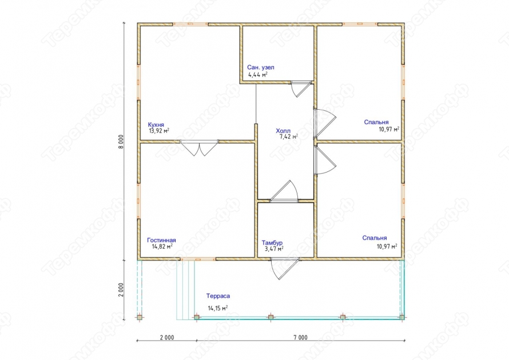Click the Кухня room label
(x=156, y=125)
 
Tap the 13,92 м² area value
(x=159, y=131)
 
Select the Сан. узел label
(x=261, y=67)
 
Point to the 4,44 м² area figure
(x=258, y=75)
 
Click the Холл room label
(x=283, y=131)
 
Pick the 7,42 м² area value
(x=289, y=137)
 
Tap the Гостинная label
(x=161, y=241)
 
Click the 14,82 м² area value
(x=162, y=246)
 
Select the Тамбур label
(x=272, y=243)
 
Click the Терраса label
(x=218, y=296)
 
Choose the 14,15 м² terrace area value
(x=217, y=308)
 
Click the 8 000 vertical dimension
(x=121, y=141)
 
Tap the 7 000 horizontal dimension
(x=301, y=338)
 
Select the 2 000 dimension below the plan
(x=167, y=338)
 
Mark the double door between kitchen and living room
(x=200, y=147)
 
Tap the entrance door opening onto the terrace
(x=285, y=269)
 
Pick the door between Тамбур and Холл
(x=284, y=191)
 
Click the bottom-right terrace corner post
(x=402, y=317)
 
